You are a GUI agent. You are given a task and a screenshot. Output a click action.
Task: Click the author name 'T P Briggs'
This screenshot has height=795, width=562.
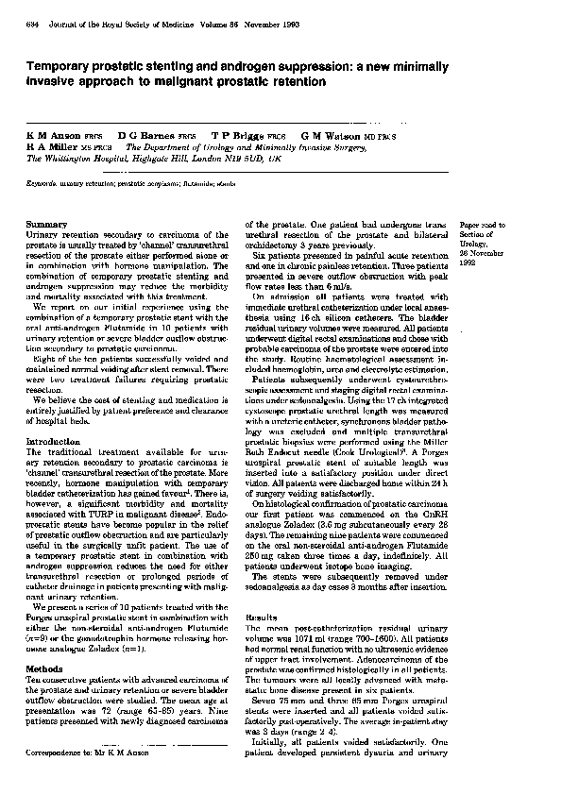tap(234, 136)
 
